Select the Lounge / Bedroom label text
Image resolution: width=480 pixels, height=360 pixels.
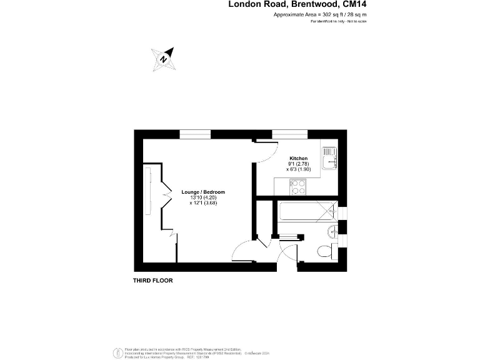(203, 192)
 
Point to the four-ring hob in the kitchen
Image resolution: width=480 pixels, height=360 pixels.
(298, 186)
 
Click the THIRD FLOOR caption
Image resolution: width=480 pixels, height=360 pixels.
(152, 281)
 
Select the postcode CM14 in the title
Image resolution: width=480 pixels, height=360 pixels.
(354, 4)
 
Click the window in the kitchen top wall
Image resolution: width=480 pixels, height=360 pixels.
(289, 133)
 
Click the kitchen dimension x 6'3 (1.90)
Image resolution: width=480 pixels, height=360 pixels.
(299, 169)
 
